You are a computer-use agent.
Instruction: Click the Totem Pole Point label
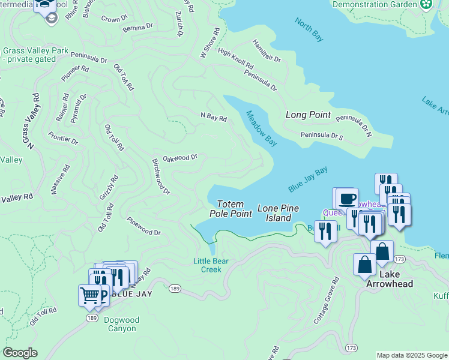[231, 209]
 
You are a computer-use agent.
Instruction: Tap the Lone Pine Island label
[279, 213]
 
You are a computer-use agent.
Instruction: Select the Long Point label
[308, 115]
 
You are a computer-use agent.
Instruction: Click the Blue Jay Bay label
[307, 179]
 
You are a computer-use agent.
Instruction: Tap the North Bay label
[309, 30]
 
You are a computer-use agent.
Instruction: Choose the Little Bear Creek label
[207, 265]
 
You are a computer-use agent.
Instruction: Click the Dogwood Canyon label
[122, 325]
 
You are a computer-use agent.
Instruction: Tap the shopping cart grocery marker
[89, 295]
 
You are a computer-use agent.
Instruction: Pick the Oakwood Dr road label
[180, 158]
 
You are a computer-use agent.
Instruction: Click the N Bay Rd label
[214, 118]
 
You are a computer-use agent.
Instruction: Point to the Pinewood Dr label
[144, 227]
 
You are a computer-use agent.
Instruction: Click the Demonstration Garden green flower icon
[426, 5]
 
